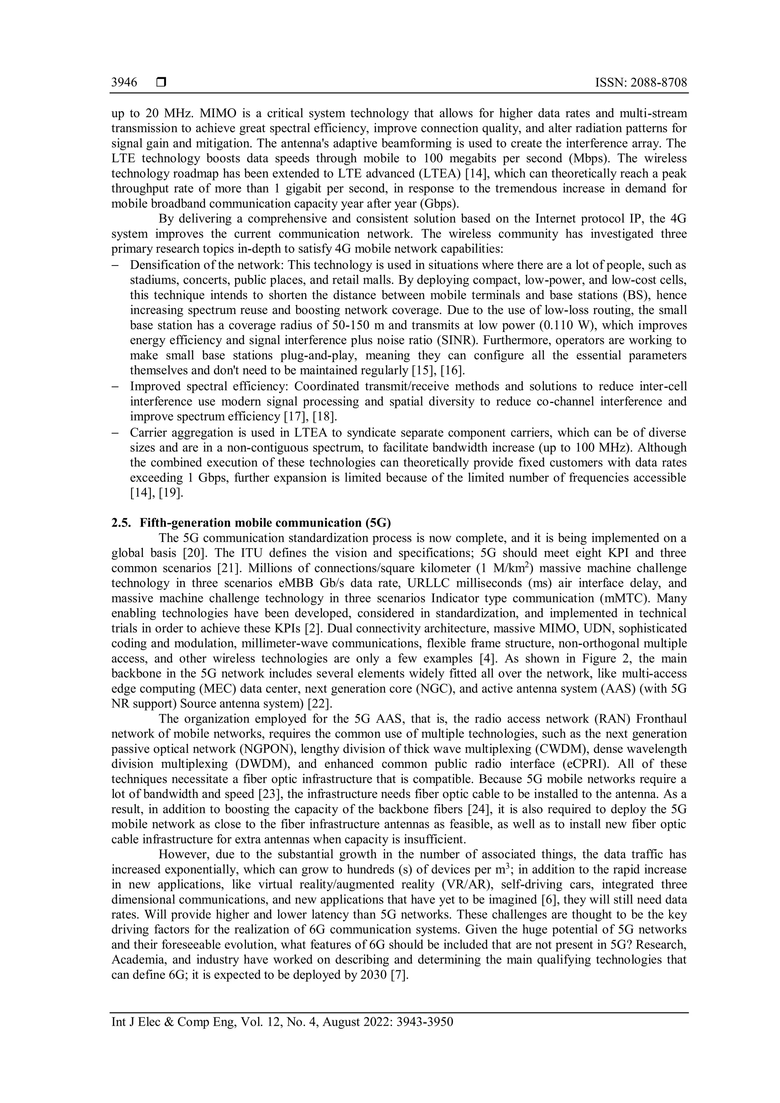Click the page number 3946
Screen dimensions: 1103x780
tap(124, 83)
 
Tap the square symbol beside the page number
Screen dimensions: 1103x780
tap(161, 83)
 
